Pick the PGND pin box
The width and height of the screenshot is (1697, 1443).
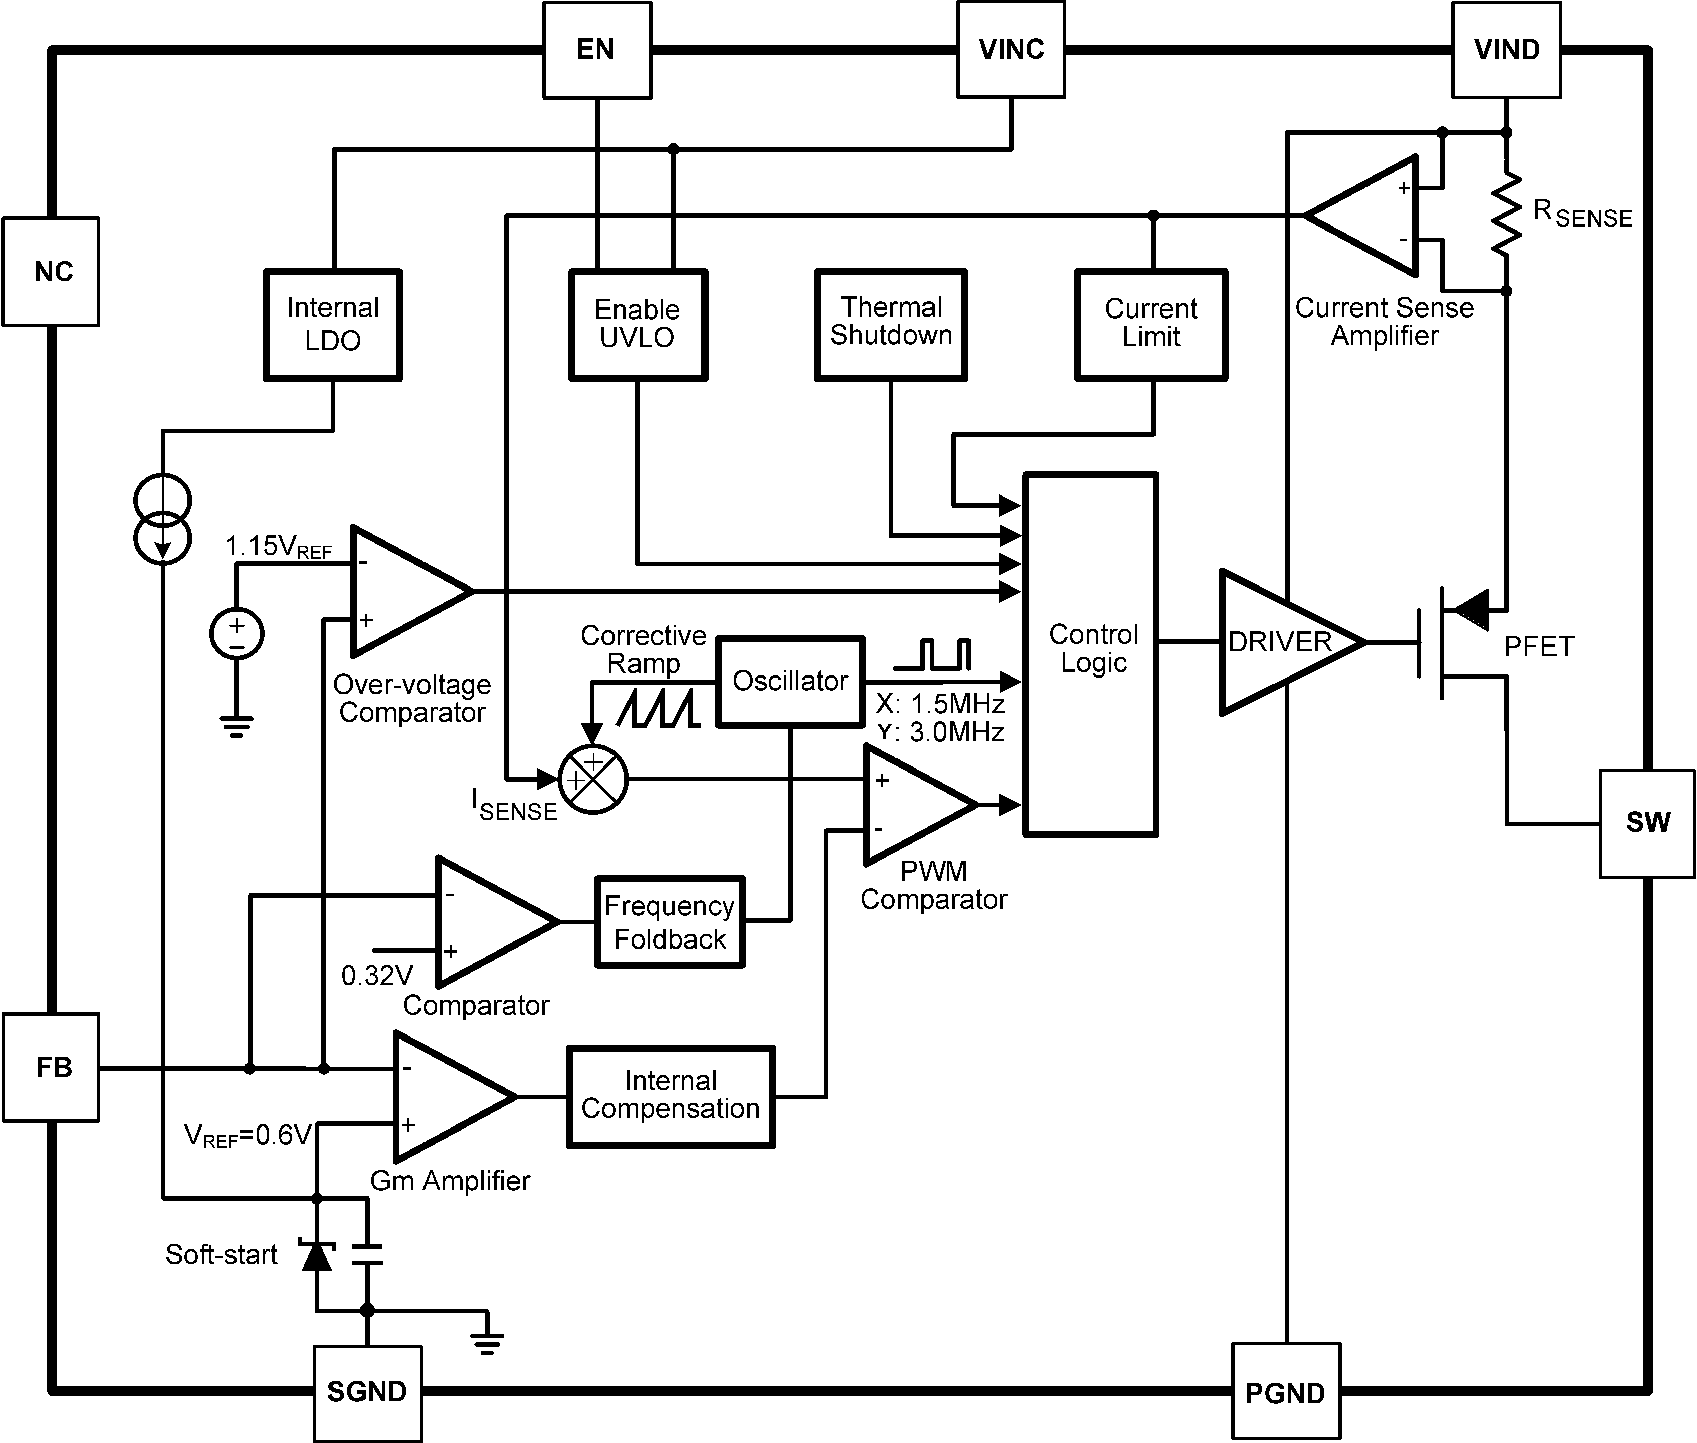[x=1286, y=1392]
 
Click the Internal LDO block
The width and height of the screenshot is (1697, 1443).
[x=333, y=325]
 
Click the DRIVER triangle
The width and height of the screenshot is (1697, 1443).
[x=1280, y=642]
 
